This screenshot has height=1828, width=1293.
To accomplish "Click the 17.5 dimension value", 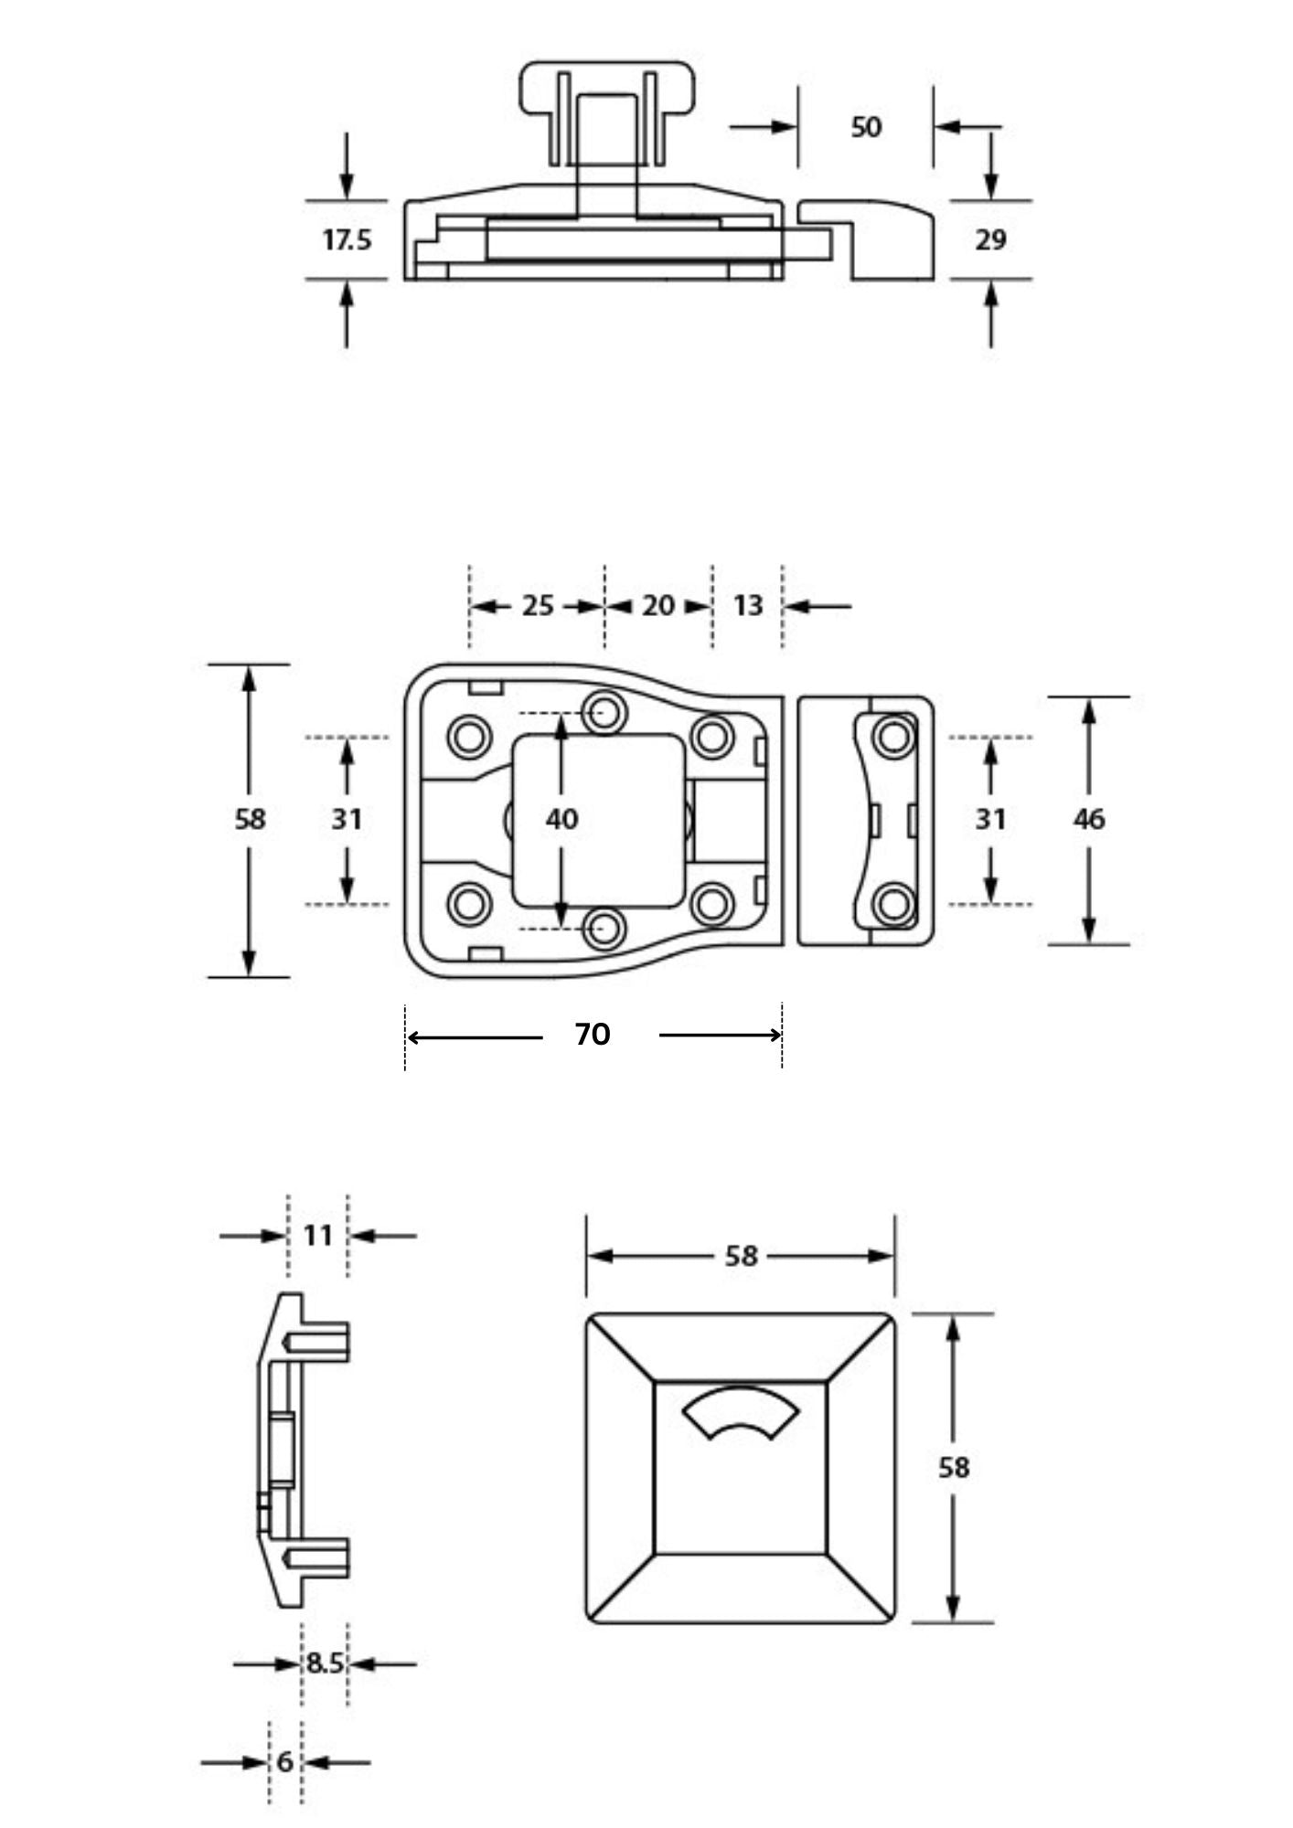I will [x=347, y=240].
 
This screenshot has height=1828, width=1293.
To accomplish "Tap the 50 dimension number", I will [x=866, y=127].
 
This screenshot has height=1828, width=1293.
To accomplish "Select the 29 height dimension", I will [x=990, y=240].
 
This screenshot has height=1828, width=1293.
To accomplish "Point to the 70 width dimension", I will [x=593, y=1035].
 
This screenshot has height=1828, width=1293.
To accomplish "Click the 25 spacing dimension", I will [x=538, y=605].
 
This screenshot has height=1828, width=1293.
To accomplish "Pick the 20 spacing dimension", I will [x=657, y=605].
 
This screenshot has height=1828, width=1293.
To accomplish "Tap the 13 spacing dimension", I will [x=748, y=605].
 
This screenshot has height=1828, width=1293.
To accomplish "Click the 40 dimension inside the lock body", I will [x=561, y=819].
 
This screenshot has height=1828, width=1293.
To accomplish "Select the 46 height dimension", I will [x=1088, y=819].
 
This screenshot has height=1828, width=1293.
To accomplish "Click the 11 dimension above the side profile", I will [x=317, y=1236].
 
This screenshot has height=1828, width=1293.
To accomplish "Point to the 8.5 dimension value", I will [x=324, y=1663].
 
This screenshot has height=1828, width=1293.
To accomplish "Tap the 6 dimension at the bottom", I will [x=284, y=1761].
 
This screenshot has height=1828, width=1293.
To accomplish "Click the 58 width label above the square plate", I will [x=741, y=1256].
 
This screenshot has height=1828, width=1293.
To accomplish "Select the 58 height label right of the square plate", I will [x=953, y=1467].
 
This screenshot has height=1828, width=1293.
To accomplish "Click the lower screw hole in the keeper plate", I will [x=892, y=904].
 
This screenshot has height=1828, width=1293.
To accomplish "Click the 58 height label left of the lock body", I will [x=250, y=819].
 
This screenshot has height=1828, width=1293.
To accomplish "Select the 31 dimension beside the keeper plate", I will [x=990, y=819].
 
